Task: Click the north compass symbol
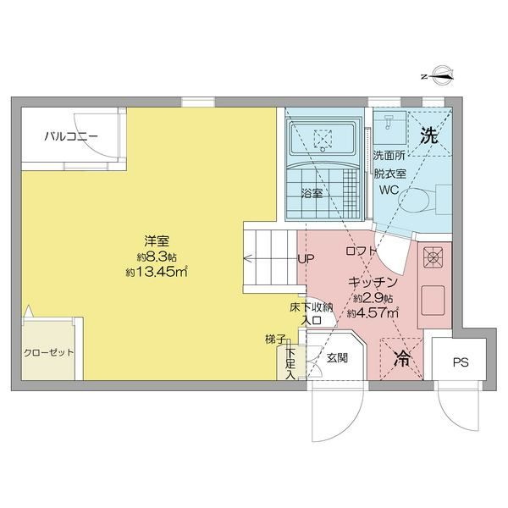[x=441, y=77]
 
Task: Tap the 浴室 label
[x=312, y=193]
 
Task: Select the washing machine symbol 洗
[x=429, y=135]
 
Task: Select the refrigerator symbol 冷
[x=403, y=358]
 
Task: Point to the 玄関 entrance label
[x=338, y=358]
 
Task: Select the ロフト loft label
[x=361, y=252]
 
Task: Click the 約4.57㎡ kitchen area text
[x=372, y=312]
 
